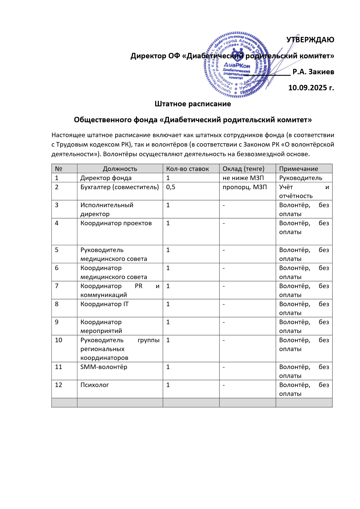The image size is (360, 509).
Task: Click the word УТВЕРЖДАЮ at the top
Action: coord(310,40)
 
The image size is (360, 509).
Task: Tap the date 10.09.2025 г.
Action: coord(311,88)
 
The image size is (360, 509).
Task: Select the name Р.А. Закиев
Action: coord(313,72)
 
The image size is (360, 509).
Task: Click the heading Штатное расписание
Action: coord(193,104)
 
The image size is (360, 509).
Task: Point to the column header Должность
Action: coord(120,169)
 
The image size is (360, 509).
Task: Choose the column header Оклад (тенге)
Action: coord(243,169)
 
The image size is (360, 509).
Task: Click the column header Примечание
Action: coord(298,169)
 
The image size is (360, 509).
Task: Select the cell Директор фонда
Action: coord(106,178)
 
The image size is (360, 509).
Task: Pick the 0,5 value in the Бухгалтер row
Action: coord(170,187)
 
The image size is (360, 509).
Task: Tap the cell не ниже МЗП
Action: coord(243,178)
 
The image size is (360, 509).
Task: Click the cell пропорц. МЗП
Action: coord(245,187)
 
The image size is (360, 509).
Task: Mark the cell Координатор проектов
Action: coord(116,223)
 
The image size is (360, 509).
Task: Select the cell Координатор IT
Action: coord(104,304)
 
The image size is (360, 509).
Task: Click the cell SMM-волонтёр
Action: coord(104,367)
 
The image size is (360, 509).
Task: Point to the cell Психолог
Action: coord(94,385)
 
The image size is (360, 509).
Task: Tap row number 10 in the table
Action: coord(58,340)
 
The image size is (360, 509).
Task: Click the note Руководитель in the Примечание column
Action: coord(300,178)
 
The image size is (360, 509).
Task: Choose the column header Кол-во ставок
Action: coord(187,169)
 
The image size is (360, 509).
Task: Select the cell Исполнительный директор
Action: coord(107,209)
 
